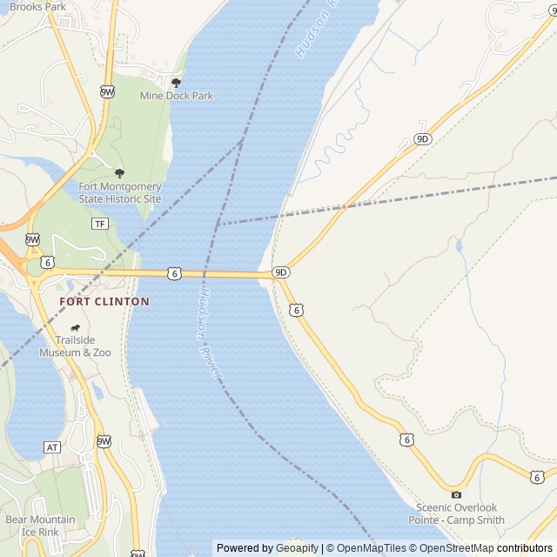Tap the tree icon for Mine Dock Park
coord(176,83)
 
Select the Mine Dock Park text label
coord(176,96)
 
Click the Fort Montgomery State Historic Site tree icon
coord(119,173)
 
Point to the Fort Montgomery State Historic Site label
coord(120,192)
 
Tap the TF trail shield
coord(99,224)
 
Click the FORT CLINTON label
coord(104,301)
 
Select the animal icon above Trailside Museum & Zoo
coord(75,328)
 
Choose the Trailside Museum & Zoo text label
coord(75,346)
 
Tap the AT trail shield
coord(52,447)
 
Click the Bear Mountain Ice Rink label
coord(40,526)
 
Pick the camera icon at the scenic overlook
coord(456,494)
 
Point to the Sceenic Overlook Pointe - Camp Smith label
coord(456,513)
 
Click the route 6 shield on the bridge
coord(175,273)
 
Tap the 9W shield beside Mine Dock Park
coord(107,91)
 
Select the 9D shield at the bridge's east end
coord(280,272)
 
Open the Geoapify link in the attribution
coord(297,548)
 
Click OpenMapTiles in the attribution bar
coord(371,548)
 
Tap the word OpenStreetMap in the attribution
coord(457,548)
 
